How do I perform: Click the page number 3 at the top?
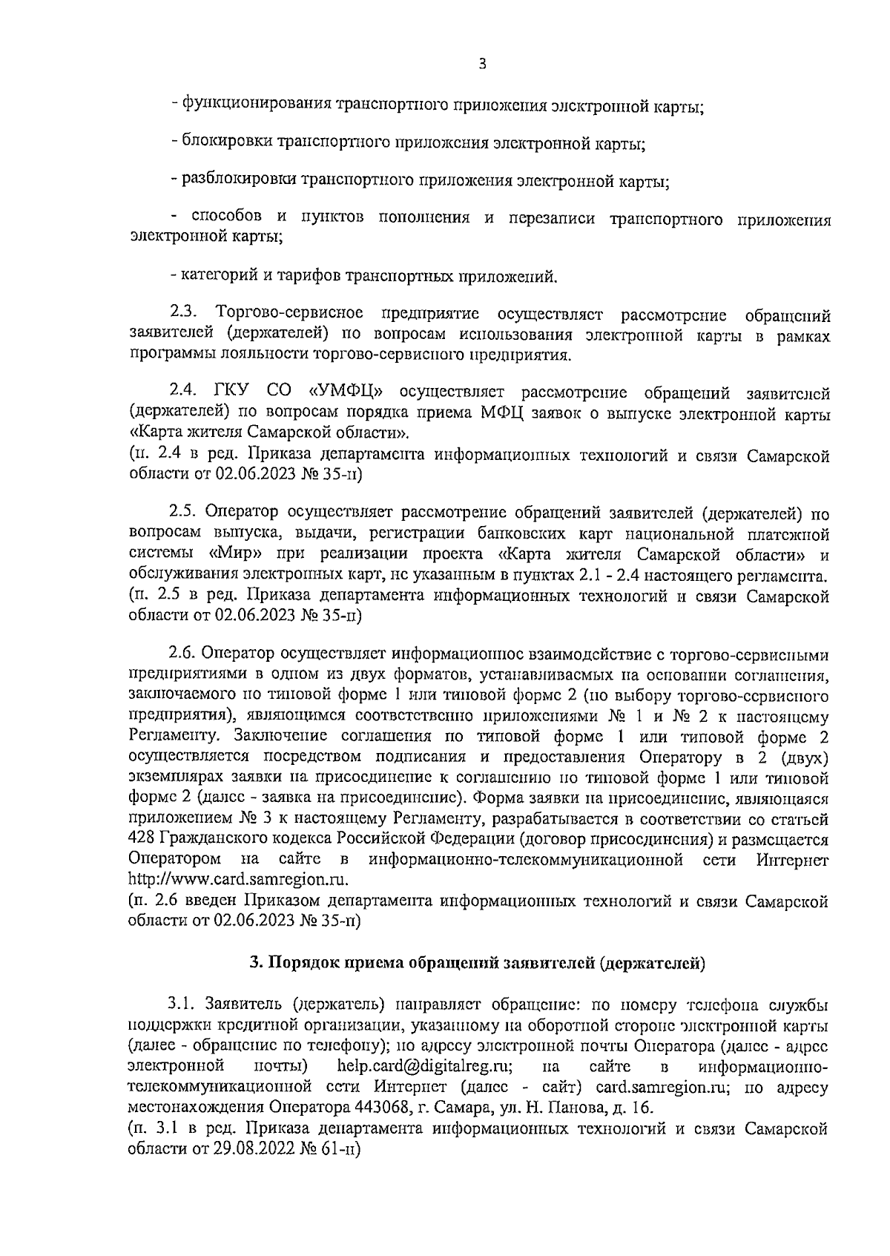pyautogui.click(x=482, y=65)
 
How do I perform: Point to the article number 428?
pyautogui.click(x=141, y=839)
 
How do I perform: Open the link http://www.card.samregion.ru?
pyautogui.click(x=238, y=879)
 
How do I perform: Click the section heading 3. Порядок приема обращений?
pyautogui.click(x=476, y=964)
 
